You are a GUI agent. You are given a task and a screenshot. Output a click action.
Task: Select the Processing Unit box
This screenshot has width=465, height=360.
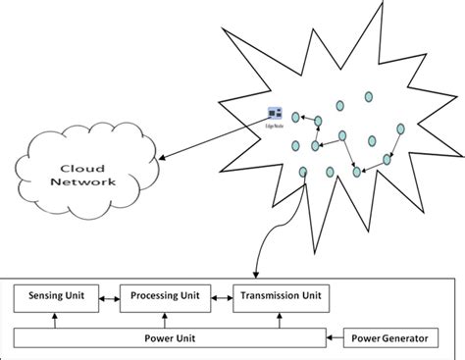[164, 295]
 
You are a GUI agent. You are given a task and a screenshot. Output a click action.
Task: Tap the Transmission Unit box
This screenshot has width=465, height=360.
[282, 295]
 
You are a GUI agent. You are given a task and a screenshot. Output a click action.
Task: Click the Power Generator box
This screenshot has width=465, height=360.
[391, 339]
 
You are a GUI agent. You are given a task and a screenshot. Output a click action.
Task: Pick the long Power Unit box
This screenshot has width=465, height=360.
[171, 339]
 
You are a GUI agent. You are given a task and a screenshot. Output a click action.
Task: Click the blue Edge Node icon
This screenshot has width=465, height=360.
[275, 115]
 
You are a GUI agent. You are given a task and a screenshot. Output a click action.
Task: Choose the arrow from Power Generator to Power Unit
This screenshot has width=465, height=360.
[338, 339]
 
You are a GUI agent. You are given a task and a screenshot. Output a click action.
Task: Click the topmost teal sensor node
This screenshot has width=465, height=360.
[369, 97]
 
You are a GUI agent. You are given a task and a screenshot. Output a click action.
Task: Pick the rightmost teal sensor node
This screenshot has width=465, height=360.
[401, 129]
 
